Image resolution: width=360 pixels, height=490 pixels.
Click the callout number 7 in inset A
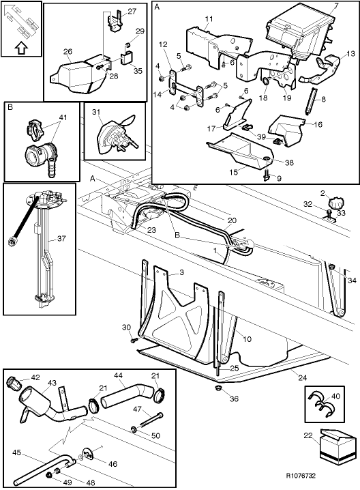[335, 7]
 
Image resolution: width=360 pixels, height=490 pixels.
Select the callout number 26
[67, 51]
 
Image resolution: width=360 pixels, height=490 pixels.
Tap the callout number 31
[96, 112]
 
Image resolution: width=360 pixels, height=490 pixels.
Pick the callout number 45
[16, 451]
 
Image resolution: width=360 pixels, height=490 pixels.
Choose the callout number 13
[350, 54]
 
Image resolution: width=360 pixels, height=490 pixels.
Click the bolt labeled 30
[134, 338]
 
